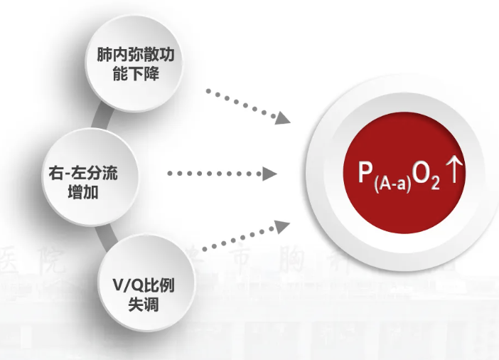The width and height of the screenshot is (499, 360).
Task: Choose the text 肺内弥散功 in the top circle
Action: pyautogui.click(x=135, y=55)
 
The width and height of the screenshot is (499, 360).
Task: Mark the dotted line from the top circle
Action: pyautogui.click(x=242, y=104)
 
